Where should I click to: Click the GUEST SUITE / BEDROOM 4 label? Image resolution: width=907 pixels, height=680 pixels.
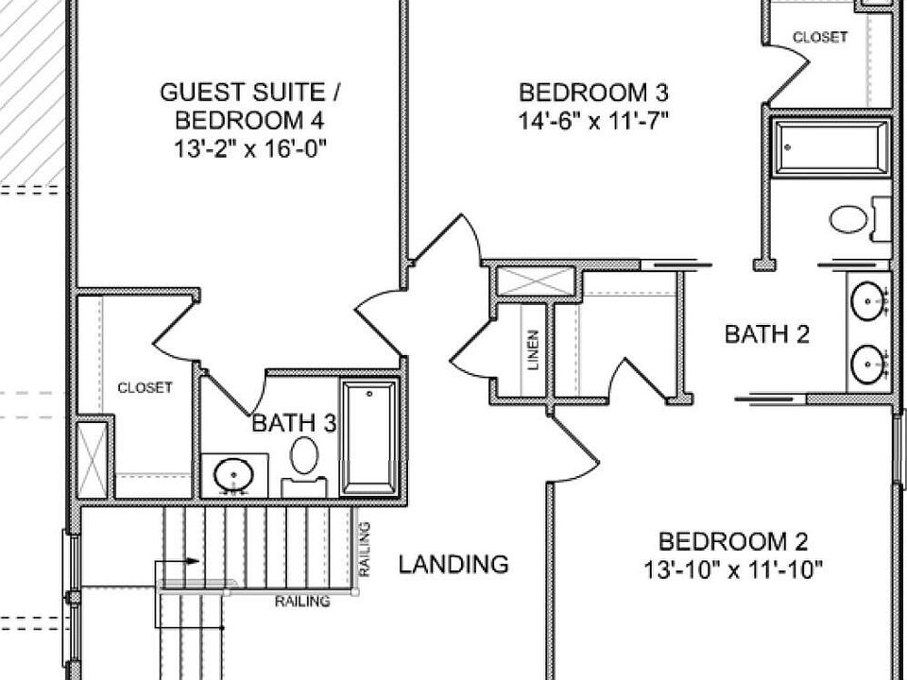250,107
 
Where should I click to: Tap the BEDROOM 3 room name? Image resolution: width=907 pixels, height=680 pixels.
594,93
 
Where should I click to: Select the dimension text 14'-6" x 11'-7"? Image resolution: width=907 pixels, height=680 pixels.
594,121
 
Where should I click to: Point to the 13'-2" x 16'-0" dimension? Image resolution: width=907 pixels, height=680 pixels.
250,148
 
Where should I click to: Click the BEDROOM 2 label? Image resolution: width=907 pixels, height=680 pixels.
733,542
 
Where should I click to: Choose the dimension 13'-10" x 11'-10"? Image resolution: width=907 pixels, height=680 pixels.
733,569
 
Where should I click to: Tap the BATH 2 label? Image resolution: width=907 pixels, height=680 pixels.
767,334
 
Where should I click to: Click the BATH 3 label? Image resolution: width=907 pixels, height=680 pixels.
293,424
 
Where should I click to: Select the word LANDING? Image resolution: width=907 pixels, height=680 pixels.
453,565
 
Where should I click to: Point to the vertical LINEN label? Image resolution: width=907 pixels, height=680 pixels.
534,349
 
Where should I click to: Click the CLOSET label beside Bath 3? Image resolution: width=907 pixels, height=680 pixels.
145,387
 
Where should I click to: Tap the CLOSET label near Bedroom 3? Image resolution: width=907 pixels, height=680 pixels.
819,38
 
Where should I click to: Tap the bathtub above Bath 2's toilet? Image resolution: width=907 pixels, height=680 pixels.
831,146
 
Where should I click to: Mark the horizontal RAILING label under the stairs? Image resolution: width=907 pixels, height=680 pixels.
302,602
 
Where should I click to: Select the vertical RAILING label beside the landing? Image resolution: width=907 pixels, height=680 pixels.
364,550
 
